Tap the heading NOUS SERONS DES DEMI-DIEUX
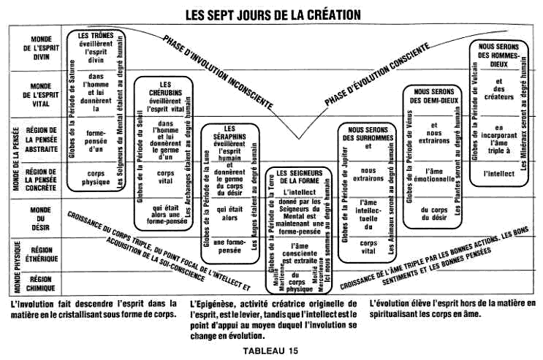click(435, 96)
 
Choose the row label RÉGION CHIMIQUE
click(41, 283)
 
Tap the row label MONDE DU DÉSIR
click(41, 218)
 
